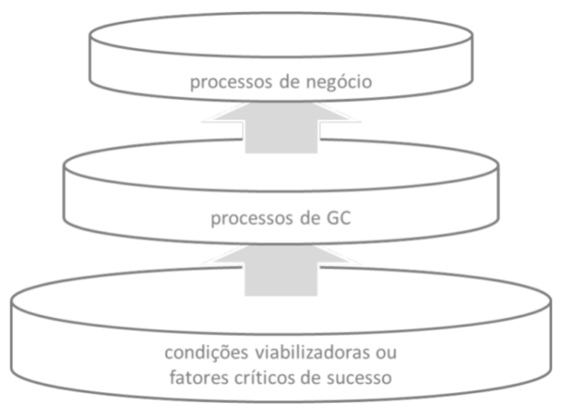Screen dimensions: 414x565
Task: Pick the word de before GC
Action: click(x=312, y=224)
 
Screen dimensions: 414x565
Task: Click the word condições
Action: click(x=203, y=356)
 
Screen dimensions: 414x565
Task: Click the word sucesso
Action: click(x=364, y=381)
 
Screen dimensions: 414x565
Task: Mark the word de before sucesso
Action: click(x=316, y=381)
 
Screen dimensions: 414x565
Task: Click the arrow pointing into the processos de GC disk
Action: click(x=282, y=268)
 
